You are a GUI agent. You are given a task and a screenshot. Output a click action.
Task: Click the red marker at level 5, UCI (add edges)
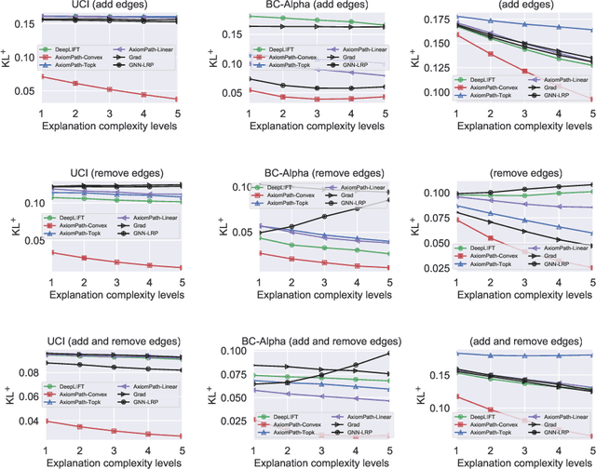tap(176, 100)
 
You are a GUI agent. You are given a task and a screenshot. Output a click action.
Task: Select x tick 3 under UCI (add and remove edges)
tap(109, 449)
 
